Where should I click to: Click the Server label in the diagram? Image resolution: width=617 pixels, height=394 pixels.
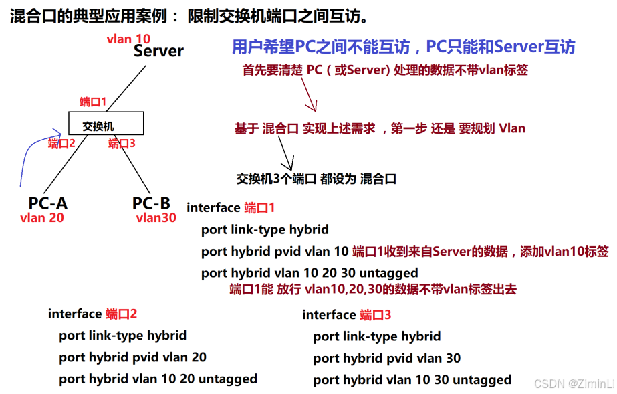click(158, 51)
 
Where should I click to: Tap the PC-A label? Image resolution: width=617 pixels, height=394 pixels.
click(48, 203)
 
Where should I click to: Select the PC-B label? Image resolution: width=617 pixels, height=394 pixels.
click(151, 203)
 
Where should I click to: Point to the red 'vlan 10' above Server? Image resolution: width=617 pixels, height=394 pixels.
click(128, 39)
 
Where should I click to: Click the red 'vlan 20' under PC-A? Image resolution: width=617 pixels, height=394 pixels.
click(42, 217)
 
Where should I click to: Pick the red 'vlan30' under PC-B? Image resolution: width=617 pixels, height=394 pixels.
click(156, 217)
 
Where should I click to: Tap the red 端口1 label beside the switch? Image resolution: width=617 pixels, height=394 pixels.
click(93, 102)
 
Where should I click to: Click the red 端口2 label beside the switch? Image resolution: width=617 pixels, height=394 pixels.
click(61, 143)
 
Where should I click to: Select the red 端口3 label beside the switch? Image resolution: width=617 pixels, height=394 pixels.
click(122, 143)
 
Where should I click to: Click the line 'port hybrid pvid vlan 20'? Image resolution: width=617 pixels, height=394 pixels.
click(132, 357)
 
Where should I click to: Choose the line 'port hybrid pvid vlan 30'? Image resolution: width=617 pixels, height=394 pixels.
click(386, 359)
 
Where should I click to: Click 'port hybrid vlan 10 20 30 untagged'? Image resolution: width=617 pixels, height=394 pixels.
click(310, 273)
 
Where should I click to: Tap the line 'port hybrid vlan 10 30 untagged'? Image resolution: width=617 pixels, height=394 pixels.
click(412, 380)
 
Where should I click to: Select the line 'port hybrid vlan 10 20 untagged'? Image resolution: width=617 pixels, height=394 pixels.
click(158, 379)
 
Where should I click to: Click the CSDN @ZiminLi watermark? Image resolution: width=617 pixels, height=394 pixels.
click(574, 383)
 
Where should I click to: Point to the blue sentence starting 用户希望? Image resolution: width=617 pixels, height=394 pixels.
click(403, 47)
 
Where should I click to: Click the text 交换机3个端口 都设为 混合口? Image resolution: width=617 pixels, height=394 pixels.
click(316, 179)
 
